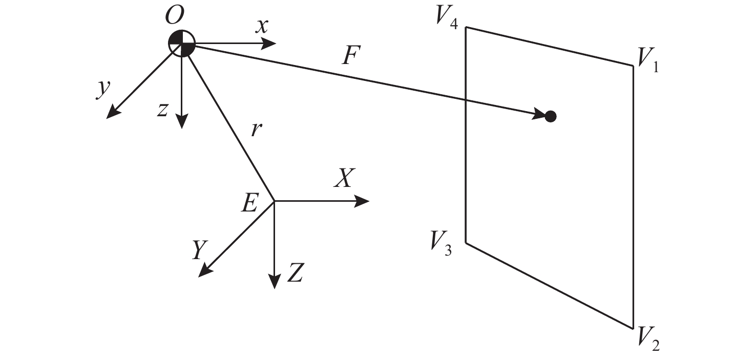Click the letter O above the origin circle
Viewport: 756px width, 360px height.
pos(175,16)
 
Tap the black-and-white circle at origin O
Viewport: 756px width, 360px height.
pos(182,44)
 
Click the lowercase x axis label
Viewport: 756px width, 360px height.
pos(262,26)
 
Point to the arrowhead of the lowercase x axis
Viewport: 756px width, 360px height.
pos(269,44)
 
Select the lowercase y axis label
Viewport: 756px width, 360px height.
pos(103,89)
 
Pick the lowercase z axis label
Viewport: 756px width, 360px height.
pos(163,109)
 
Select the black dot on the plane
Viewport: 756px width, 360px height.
pos(551,116)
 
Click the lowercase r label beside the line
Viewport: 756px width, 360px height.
pos(257,130)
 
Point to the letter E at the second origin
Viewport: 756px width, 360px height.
pos(249,202)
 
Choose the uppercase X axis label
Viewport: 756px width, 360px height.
pos(345,178)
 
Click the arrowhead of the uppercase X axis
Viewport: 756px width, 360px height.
pos(362,201)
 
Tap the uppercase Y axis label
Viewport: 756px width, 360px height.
pos(200,250)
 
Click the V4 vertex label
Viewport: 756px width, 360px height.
pos(447,17)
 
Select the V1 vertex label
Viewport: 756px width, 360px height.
pos(647,60)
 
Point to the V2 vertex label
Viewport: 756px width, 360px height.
pos(648,338)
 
